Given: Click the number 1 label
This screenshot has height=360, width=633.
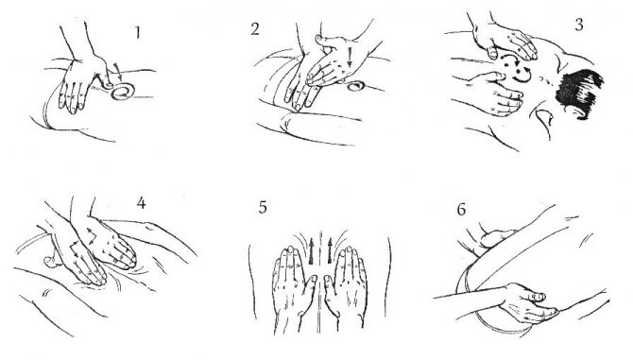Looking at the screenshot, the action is point(138,33).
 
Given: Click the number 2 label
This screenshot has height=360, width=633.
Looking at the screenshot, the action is point(255,29).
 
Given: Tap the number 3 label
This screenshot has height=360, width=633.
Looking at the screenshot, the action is point(579,25).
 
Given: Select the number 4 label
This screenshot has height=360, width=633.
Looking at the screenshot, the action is point(141,203).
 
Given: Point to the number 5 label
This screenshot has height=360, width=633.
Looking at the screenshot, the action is point(263,208).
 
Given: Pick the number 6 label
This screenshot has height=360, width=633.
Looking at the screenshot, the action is point(461,210).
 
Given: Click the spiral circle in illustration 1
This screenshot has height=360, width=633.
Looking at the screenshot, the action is point(122,92).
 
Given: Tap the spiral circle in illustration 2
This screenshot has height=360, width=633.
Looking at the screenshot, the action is point(354,86).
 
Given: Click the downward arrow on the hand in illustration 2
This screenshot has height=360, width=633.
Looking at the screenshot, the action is point(350,57).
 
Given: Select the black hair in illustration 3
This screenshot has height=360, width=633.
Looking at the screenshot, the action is point(579,93).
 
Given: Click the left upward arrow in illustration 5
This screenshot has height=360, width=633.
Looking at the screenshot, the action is point(311,251).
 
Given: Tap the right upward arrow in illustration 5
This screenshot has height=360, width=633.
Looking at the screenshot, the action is point(330,251).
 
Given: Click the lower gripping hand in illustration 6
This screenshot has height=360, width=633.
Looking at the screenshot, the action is point(527,301).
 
